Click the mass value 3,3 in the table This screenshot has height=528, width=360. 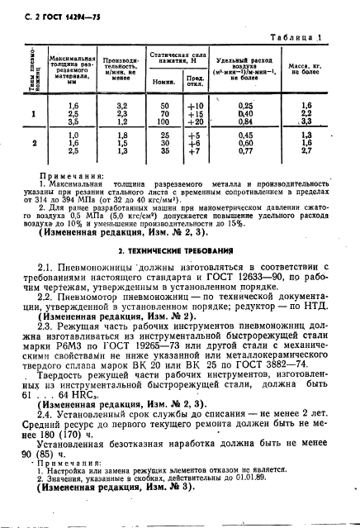[x=306, y=121]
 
